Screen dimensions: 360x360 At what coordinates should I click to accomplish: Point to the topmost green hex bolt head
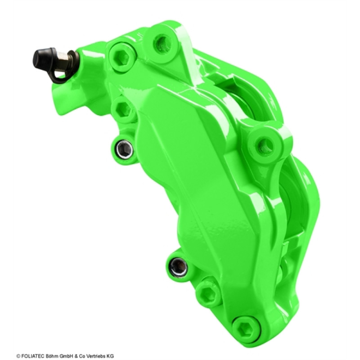click(x=121, y=58)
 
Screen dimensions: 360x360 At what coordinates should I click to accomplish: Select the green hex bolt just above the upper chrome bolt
click(x=123, y=111)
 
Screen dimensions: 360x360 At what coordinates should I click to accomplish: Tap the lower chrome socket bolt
click(x=178, y=267)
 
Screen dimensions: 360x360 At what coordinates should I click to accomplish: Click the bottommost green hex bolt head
click(x=247, y=328)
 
